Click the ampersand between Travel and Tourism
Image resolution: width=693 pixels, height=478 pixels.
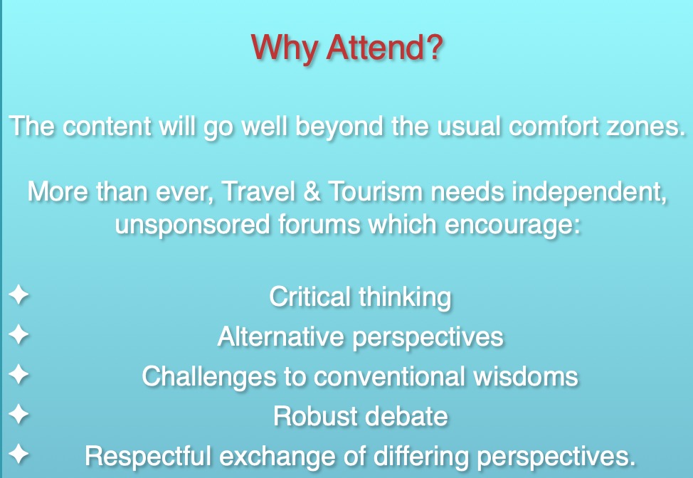click(312, 191)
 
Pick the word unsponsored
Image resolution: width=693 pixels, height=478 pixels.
click(193, 225)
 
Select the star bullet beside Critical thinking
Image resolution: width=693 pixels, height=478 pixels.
click(18, 294)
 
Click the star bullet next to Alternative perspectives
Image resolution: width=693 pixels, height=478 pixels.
click(18, 334)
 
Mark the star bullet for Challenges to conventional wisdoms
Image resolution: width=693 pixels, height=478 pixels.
click(18, 374)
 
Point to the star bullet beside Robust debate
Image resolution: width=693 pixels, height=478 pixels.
click(18, 414)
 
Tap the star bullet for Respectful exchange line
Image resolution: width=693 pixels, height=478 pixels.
click(18, 454)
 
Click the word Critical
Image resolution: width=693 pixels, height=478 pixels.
click(310, 297)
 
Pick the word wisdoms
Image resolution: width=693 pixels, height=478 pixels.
click(526, 376)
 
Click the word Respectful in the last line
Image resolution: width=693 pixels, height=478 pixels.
click(147, 457)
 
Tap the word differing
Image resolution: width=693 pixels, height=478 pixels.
click(421, 457)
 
